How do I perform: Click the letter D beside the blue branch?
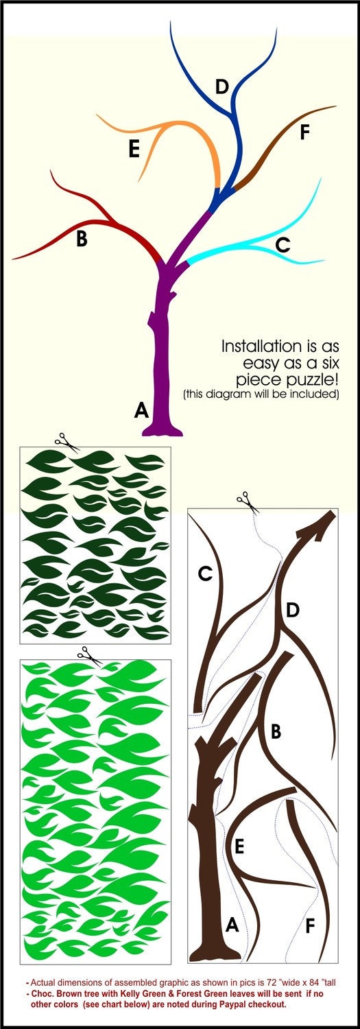221,86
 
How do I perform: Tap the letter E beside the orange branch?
134,150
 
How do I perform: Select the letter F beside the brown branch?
304,132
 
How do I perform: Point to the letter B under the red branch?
82,239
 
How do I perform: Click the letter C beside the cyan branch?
283,245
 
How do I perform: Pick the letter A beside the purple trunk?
141,410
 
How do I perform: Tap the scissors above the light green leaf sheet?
90,656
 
